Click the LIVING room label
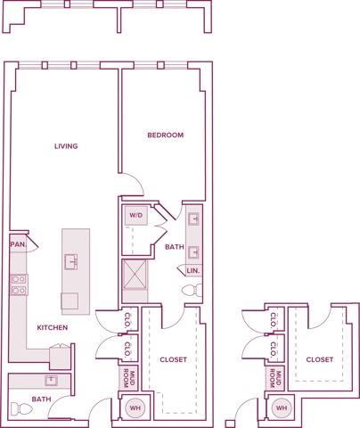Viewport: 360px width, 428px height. [66, 146]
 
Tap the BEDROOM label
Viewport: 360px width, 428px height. [166, 136]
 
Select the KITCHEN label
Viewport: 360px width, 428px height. [52, 327]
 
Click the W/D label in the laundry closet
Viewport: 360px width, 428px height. [136, 215]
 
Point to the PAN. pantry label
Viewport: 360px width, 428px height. [18, 243]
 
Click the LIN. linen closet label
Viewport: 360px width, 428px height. [193, 269]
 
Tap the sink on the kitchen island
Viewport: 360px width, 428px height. [71, 261]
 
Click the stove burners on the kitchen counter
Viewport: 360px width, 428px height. [18, 284]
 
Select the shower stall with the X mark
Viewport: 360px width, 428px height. [136, 276]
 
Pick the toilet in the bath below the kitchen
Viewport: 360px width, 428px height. [19, 410]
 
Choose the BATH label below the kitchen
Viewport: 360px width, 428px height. [41, 399]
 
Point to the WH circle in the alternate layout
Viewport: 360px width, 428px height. [282, 407]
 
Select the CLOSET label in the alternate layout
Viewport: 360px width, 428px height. [319, 359]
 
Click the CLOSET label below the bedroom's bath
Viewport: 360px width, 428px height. [173, 359]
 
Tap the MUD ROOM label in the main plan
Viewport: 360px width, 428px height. [127, 377]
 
